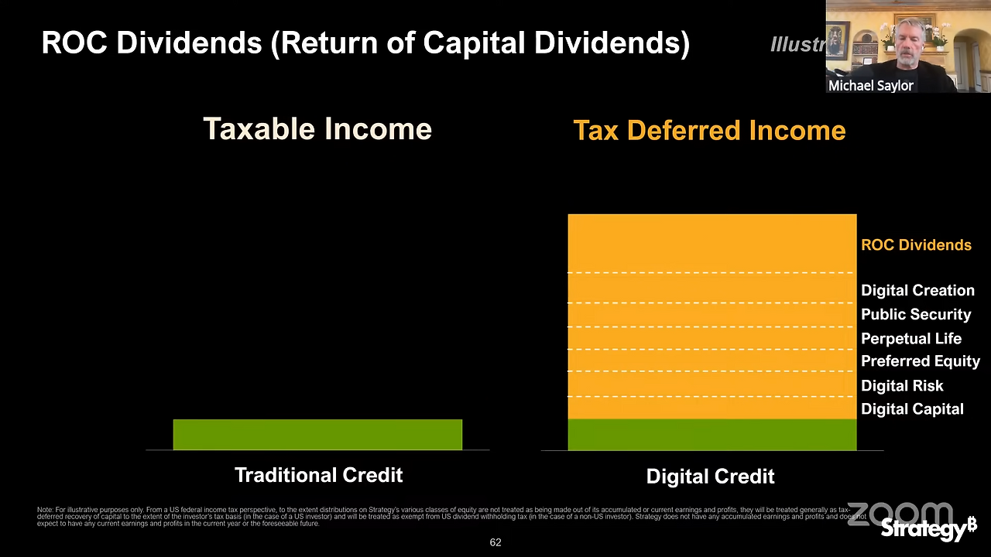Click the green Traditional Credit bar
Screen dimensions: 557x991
317,434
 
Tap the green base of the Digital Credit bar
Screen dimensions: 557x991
712,434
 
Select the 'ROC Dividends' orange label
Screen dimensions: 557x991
916,245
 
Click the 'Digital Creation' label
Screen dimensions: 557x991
917,291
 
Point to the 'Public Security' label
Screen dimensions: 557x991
916,315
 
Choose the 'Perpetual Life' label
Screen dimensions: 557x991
911,339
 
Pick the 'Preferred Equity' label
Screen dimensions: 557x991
921,361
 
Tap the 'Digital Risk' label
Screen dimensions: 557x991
902,385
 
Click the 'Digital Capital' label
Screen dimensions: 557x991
912,409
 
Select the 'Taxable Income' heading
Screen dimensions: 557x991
317,129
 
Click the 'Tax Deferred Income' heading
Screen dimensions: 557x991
709,131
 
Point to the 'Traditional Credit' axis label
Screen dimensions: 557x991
318,475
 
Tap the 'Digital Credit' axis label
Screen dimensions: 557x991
710,477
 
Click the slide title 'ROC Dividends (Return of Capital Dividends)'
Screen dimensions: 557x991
365,43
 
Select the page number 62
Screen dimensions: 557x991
495,542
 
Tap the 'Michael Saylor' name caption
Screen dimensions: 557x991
871,86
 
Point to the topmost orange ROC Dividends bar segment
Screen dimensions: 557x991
712,243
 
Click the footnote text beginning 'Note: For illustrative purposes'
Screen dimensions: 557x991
449,516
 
